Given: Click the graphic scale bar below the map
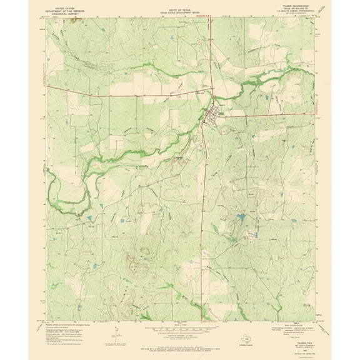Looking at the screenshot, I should (180, 326).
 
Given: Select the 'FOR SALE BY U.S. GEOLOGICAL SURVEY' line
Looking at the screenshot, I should (180, 339).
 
